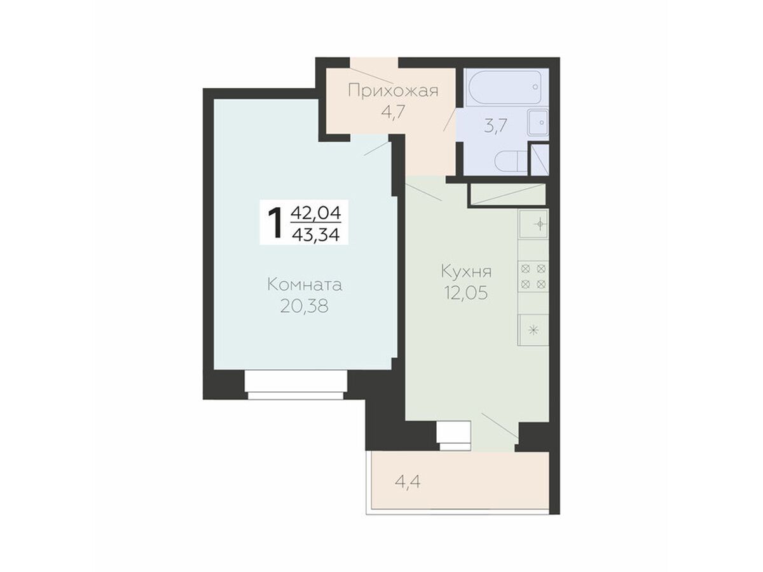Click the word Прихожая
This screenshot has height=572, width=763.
(x=393, y=92)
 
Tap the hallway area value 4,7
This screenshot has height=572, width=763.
(x=393, y=113)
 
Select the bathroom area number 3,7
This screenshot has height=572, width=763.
(x=496, y=126)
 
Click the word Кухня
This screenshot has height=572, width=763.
(x=466, y=271)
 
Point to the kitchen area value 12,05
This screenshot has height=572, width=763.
(x=465, y=292)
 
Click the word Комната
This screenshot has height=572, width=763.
(x=305, y=285)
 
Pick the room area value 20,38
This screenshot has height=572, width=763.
(x=304, y=306)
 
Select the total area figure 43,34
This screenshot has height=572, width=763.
(x=315, y=235)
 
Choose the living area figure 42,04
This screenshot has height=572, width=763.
(x=316, y=212)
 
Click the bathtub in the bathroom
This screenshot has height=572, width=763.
(x=504, y=87)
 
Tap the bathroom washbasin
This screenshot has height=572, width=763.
(x=538, y=122)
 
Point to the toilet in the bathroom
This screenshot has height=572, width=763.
(x=511, y=162)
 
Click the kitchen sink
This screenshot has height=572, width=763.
(x=533, y=224)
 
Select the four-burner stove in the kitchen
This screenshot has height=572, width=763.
(x=533, y=276)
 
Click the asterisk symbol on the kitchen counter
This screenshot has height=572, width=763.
(x=533, y=330)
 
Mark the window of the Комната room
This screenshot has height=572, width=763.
(x=296, y=385)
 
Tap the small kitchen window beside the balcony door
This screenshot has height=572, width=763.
(x=454, y=435)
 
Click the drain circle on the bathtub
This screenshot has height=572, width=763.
(x=535, y=87)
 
